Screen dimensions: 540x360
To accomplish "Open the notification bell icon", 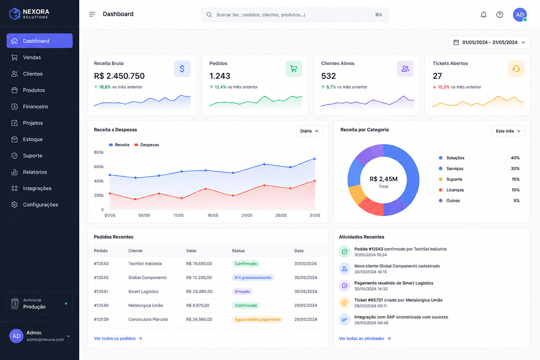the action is coord(483,15).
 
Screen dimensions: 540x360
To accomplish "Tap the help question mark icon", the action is coord(499,15).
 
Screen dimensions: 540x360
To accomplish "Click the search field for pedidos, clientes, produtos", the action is coord(295,15).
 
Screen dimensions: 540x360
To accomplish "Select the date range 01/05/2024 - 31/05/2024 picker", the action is coord(489,42).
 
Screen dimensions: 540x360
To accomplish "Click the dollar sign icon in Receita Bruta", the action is coord(182,69).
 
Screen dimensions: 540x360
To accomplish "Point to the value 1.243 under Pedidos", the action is coord(220,76).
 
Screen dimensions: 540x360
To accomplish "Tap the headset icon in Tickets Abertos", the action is coord(516,69).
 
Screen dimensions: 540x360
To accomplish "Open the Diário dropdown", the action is coord(309,131).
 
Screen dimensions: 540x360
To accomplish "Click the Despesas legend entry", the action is coord(147,145).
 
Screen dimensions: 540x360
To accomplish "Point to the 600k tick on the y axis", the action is coord(99,166).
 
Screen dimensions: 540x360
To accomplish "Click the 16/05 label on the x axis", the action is coord(212,215).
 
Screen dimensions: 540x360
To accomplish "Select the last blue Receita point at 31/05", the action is coord(315,159).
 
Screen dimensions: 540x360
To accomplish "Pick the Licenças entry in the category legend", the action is coord(451,190).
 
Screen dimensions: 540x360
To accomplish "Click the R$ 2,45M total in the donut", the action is coord(383,179).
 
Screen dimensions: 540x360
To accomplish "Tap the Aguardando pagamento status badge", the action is coord(258,319).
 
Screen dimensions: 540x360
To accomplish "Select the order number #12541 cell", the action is coord(101,292).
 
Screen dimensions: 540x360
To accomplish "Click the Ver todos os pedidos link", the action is coord(118,338).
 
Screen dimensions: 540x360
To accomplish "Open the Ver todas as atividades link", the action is coord(364,338).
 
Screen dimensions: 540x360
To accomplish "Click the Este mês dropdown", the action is coord(508,131).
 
